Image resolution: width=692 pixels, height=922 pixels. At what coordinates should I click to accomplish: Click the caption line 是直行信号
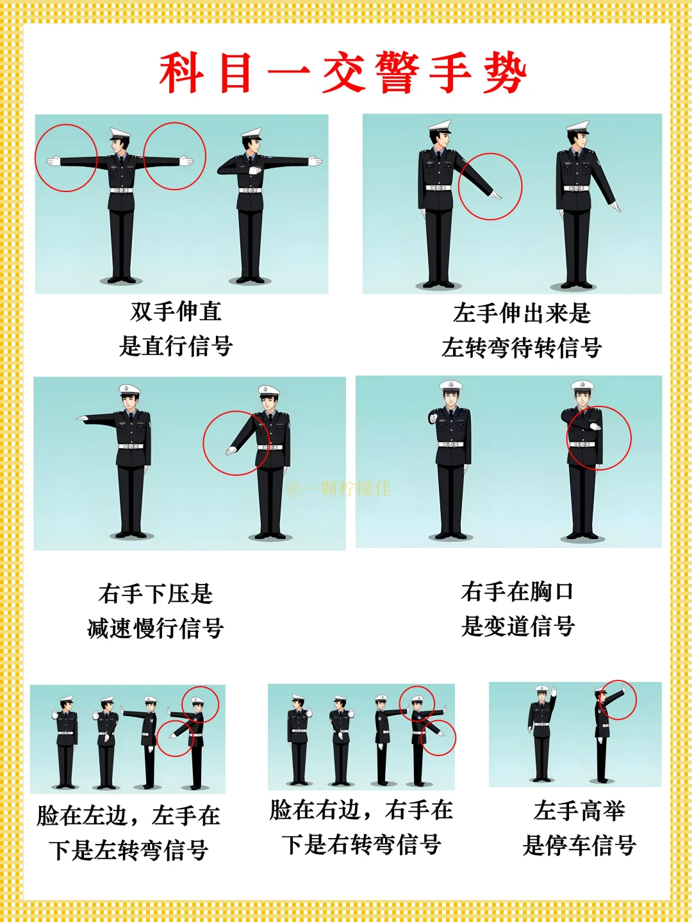pyautogui.click(x=176, y=346)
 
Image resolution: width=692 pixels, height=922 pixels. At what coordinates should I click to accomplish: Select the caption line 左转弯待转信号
pyautogui.click(x=522, y=348)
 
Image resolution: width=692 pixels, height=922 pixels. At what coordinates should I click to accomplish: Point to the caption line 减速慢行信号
pyautogui.click(x=156, y=628)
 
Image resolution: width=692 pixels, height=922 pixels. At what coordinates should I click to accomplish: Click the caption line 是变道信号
pyautogui.click(x=518, y=626)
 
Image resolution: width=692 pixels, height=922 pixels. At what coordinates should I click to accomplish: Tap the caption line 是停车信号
pyautogui.click(x=579, y=845)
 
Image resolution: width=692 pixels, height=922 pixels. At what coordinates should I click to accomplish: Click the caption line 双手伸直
pyautogui.click(x=176, y=311)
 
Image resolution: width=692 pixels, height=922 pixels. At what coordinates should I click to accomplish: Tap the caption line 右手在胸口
pyautogui.click(x=518, y=592)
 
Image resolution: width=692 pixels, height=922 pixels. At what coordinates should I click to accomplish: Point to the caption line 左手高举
pyautogui.click(x=579, y=811)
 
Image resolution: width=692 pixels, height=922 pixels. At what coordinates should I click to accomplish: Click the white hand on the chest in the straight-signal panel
pyautogui.click(x=255, y=170)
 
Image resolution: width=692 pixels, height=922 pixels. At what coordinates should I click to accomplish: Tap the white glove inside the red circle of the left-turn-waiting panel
pyautogui.click(x=496, y=195)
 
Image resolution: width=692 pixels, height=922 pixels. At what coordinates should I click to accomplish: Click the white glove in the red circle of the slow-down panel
pyautogui.click(x=231, y=451)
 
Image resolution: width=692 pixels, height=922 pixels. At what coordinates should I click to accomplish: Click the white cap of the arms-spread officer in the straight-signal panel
pyautogui.click(x=120, y=134)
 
